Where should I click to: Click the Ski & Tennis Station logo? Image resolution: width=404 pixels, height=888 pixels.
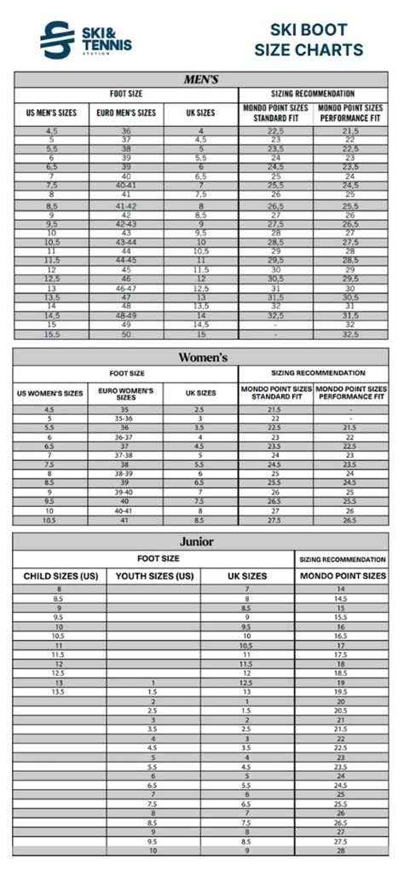tap(85, 40)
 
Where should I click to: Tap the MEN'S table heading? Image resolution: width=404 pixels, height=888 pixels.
tap(201, 79)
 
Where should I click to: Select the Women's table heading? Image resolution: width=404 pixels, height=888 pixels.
tap(202, 357)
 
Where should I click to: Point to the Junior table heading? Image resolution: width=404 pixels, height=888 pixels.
tap(196, 541)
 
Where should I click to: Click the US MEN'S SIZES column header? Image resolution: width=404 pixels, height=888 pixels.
tap(51, 112)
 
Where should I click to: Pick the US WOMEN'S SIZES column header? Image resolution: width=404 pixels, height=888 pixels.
tap(50, 394)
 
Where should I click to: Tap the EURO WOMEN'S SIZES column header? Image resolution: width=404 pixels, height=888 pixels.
tap(125, 394)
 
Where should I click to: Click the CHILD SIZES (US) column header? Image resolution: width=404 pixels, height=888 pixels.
tap(60, 577)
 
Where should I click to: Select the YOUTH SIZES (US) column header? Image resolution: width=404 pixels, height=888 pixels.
tap(153, 577)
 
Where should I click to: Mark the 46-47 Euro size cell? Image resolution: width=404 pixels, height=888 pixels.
tap(125, 289)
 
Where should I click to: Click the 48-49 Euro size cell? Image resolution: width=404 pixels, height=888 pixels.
tap(125, 314)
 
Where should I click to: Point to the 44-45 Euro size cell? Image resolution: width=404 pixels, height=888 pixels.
tap(125, 260)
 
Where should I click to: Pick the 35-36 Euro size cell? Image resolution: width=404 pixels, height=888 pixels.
tap(125, 419)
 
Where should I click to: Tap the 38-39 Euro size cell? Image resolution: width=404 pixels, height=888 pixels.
tap(125, 474)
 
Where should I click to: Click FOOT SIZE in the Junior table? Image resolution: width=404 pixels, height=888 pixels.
tap(159, 559)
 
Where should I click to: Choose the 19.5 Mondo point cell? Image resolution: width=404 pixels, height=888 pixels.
tap(340, 692)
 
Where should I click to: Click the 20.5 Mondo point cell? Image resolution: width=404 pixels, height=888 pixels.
tap(340, 711)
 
